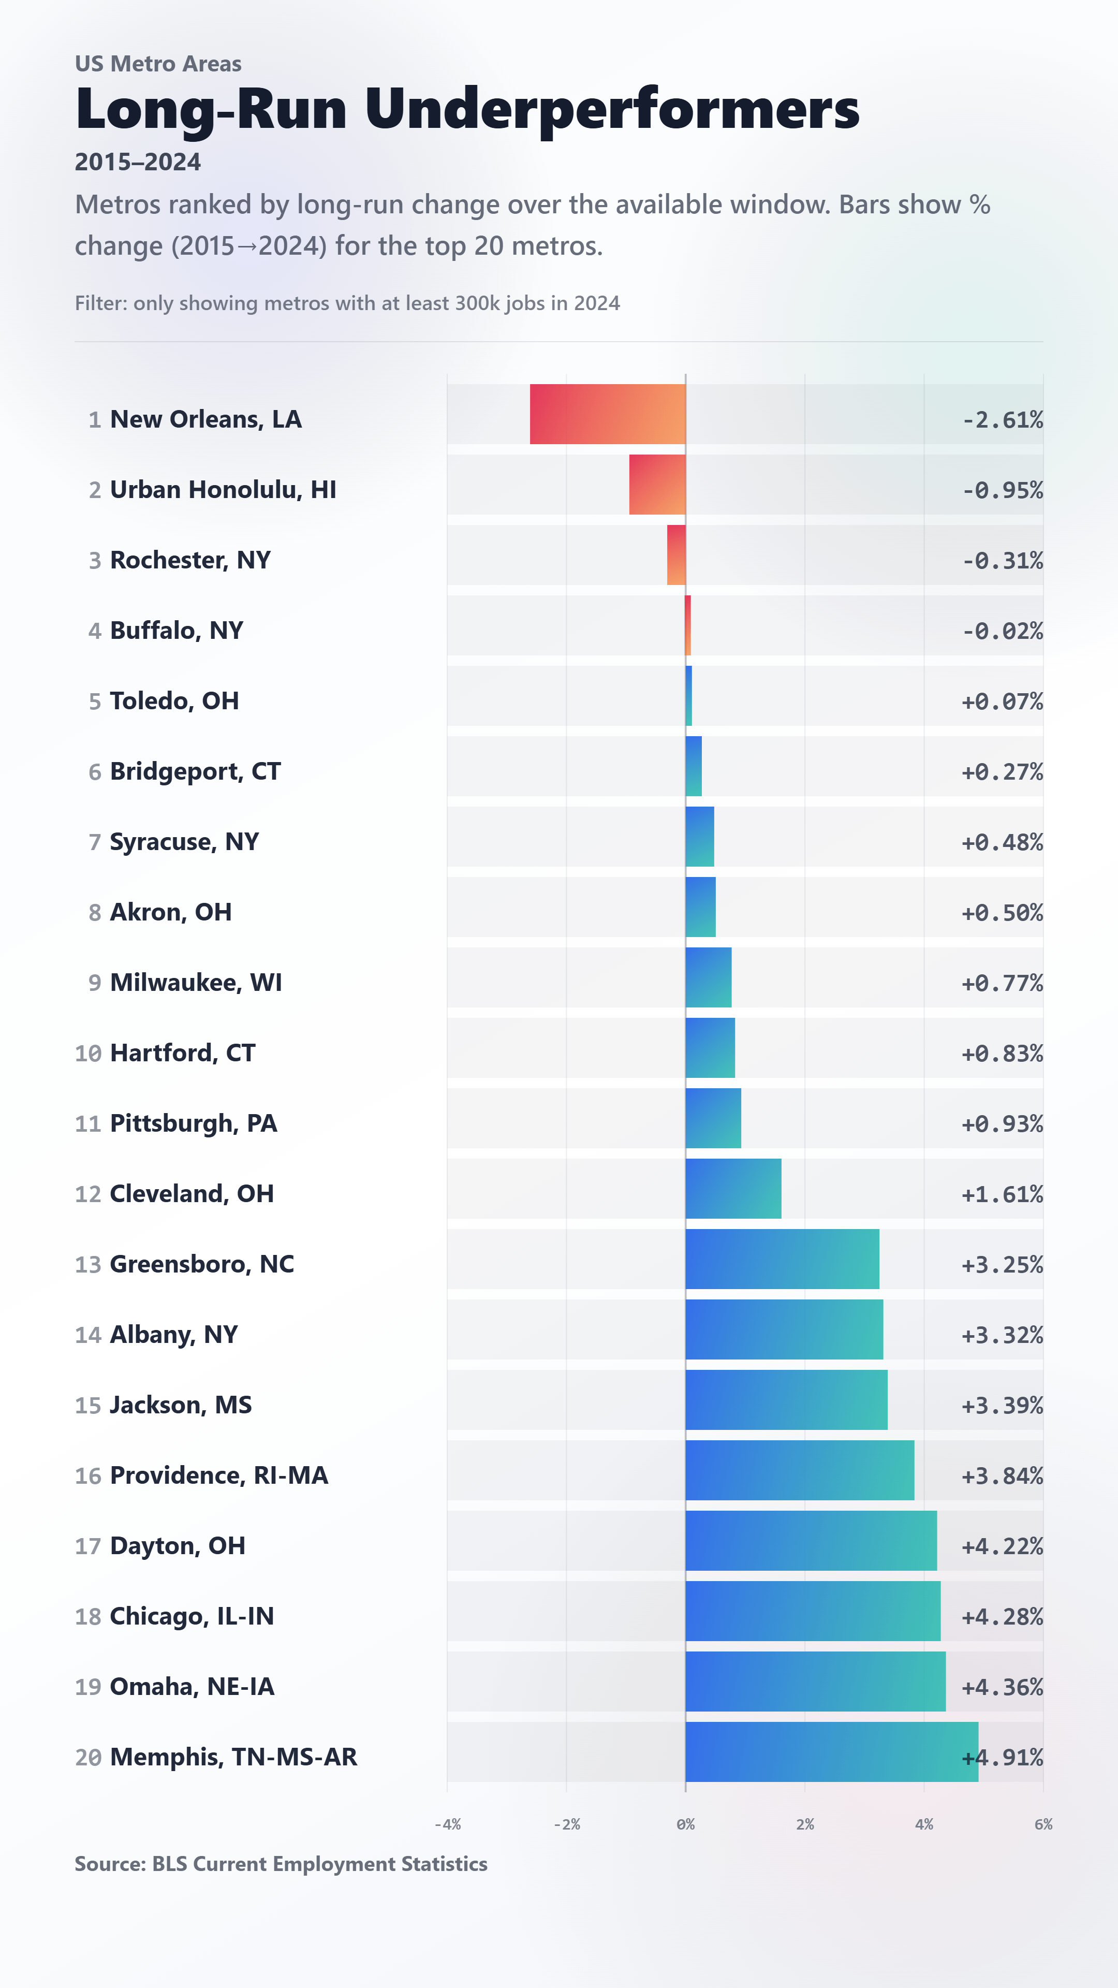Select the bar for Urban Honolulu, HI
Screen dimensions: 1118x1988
[x=657, y=485]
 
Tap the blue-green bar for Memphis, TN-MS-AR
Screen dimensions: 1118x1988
[x=832, y=1752]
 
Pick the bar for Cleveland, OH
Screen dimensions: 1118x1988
[x=733, y=1189]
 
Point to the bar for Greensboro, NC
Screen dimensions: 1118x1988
[x=783, y=1259]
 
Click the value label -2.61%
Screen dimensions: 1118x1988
[x=1002, y=420]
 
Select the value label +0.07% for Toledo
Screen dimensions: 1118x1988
[x=1002, y=701]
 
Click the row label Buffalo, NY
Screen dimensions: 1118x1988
[x=176, y=631]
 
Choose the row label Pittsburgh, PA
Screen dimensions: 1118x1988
[x=194, y=1123]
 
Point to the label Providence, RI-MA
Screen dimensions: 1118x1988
[x=219, y=1475]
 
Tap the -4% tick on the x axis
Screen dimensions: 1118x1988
[x=448, y=1824]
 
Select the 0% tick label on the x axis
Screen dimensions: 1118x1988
[x=686, y=1824]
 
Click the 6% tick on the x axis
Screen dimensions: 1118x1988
[x=1043, y=1824]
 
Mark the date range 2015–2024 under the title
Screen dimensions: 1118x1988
[x=138, y=162]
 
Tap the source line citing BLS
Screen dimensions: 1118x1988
[x=281, y=1864]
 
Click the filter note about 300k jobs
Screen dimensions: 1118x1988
[x=347, y=303]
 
